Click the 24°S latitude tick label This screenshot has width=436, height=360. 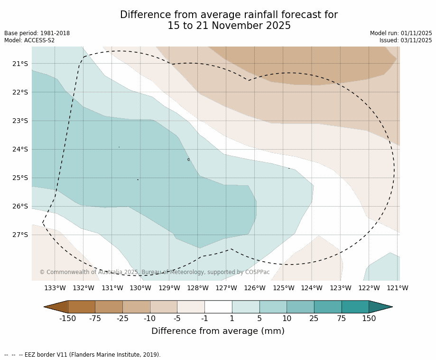[20, 149]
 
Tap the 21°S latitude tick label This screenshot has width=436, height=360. [20, 64]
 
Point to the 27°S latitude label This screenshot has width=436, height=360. [20, 235]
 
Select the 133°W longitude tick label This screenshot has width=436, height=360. [55, 288]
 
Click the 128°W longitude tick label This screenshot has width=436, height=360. [198, 288]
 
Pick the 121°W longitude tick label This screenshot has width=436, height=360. [398, 288]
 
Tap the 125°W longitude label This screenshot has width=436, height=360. [283, 288]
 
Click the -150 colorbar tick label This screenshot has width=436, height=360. [67, 319]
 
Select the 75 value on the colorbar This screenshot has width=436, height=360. [342, 319]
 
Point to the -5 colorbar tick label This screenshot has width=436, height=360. [177, 319]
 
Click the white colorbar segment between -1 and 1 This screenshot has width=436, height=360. [218, 307]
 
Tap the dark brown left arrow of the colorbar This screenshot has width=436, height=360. [57, 307]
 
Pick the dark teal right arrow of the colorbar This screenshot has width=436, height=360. [380, 307]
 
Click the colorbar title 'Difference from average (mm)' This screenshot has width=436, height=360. [218, 332]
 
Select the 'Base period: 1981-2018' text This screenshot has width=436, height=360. [37, 33]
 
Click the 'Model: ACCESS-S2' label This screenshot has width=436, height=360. [29, 40]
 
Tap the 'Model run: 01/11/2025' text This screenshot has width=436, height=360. [401, 33]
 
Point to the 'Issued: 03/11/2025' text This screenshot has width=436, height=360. [406, 40]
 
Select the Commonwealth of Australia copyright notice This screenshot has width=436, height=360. [155, 272]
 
